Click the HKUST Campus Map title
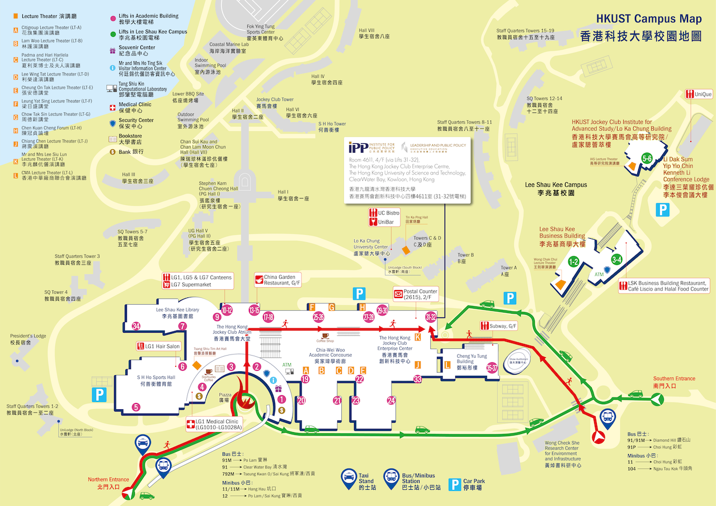[649, 18]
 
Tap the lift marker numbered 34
[135, 326]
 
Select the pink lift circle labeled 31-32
[431, 317]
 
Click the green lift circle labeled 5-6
[647, 158]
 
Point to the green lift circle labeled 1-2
[573, 261]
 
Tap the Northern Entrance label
[108, 483]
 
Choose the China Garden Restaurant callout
[278, 280]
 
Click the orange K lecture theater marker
[417, 337]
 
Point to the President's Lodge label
[28, 339]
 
